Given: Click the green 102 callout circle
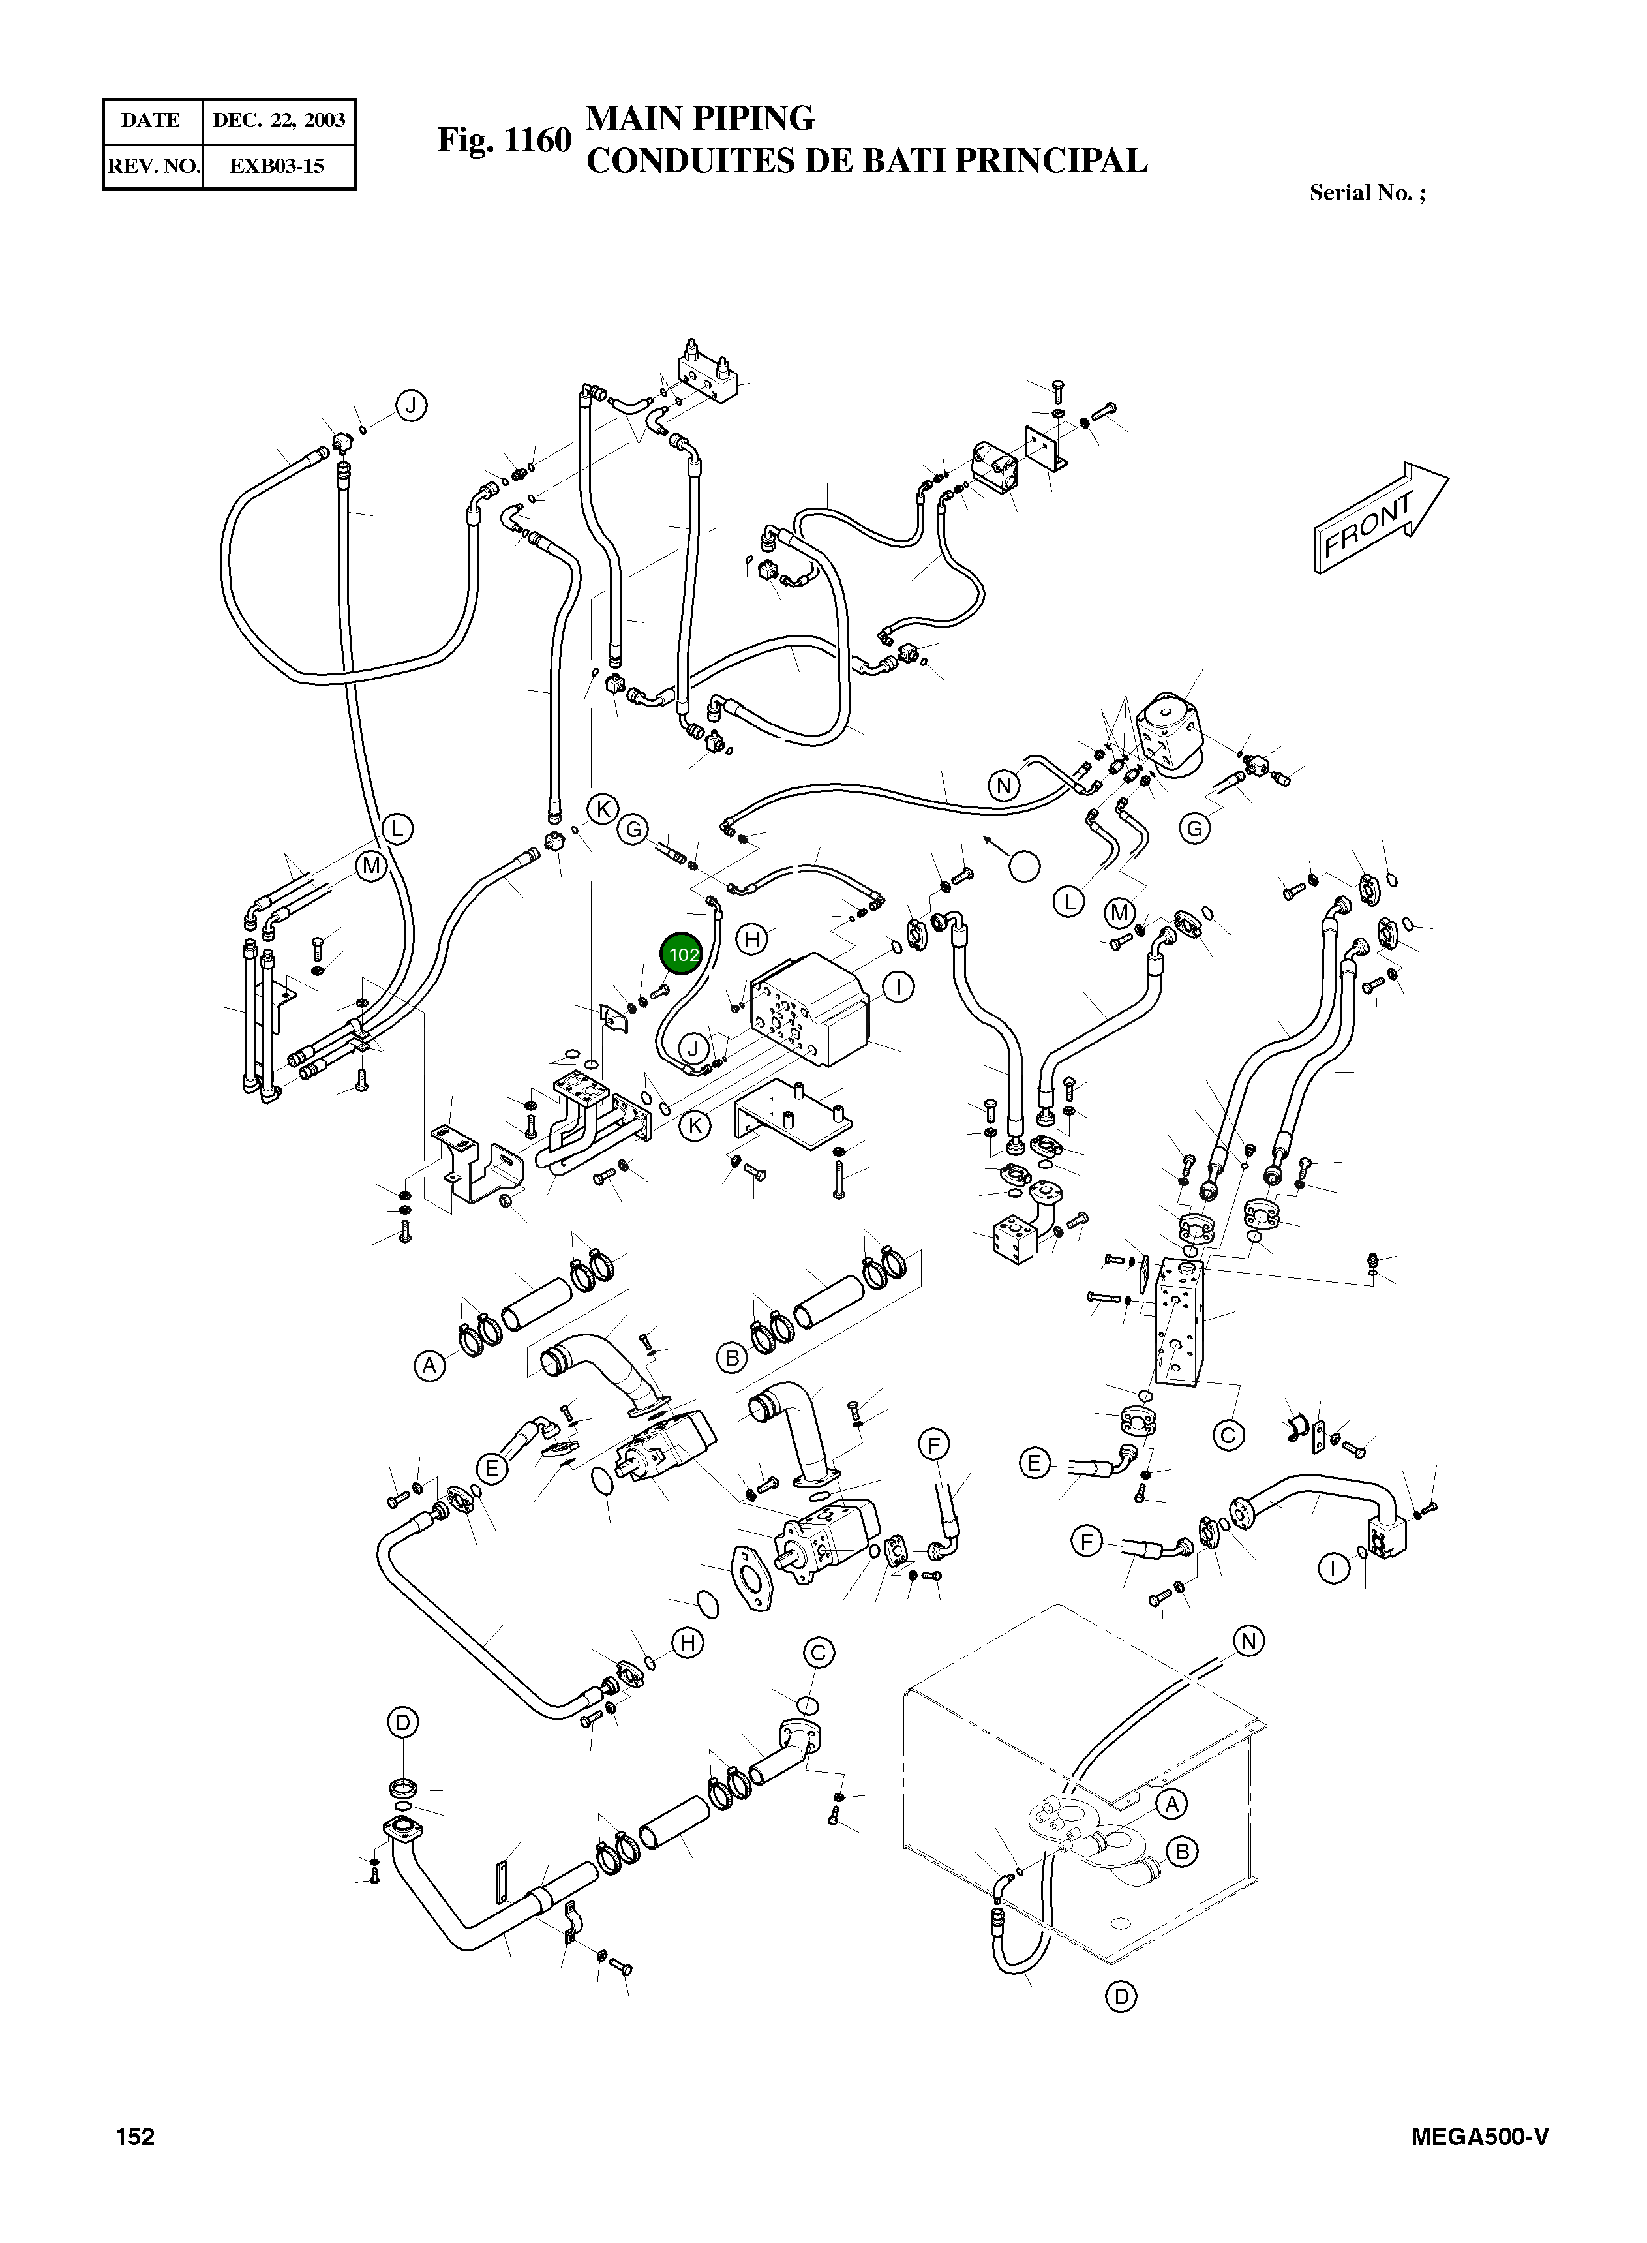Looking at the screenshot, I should [683, 954].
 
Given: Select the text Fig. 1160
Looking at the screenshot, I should [504, 140].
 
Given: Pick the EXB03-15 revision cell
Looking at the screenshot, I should [277, 166].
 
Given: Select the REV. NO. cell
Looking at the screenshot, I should [153, 166].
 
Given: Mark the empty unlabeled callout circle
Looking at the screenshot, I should [1024, 866].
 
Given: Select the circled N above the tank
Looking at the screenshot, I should [1248, 1640].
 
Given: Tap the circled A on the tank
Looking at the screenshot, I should [1172, 1803].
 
